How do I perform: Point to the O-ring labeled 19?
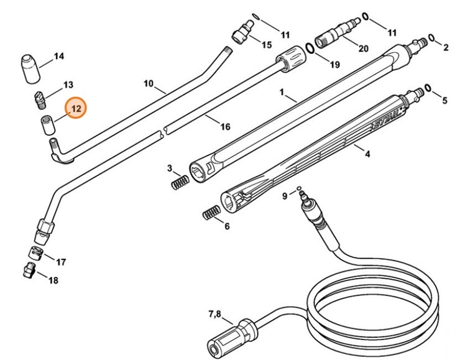coord(309,48)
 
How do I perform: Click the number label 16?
coord(224,127)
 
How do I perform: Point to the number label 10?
coord(149,83)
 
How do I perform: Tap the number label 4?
coord(367,153)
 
